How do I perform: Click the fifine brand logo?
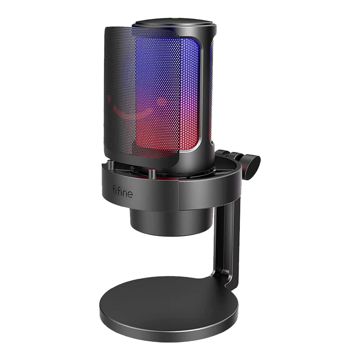[122, 192]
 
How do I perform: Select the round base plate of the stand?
[169, 309]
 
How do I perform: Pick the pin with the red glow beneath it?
[152, 173]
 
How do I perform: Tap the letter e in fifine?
[130, 194]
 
